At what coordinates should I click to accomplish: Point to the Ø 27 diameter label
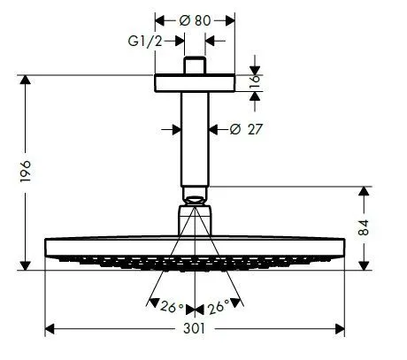coord(248,129)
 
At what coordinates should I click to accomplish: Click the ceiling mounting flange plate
coord(195,82)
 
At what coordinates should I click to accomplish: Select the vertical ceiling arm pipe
coord(195,137)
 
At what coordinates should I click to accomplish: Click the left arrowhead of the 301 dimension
coord(48,328)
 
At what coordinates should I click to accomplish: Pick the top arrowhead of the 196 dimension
coord(26,80)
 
